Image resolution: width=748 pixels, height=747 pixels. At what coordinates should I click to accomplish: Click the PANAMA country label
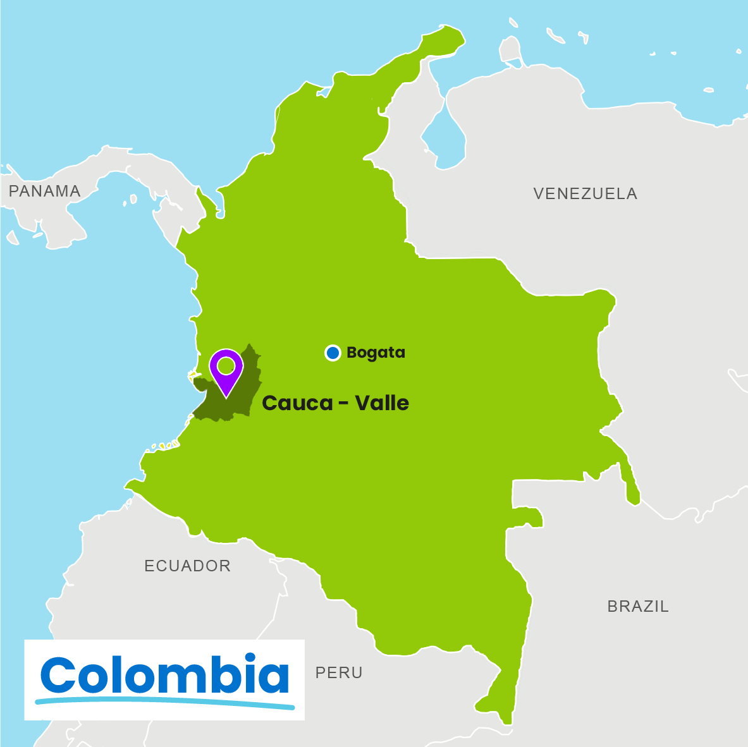click(45, 191)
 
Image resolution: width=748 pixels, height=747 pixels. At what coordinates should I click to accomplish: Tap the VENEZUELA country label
click(585, 194)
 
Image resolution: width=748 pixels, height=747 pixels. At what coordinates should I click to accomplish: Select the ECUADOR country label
click(187, 566)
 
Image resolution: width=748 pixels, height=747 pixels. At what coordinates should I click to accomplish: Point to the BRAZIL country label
click(637, 607)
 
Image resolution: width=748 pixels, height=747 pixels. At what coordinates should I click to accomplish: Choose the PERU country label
click(339, 673)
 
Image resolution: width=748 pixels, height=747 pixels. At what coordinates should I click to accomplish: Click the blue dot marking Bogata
click(333, 353)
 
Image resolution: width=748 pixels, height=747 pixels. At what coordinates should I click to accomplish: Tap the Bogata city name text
click(376, 353)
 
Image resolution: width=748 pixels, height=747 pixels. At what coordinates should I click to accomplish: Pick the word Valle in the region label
click(381, 403)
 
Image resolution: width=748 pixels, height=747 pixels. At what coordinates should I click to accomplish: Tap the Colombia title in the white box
click(165, 674)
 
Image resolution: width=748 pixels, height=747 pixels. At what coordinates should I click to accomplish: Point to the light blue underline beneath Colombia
click(165, 702)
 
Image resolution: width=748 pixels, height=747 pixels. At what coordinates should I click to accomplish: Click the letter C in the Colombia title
click(59, 675)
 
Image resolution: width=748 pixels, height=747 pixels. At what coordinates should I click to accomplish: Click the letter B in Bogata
click(352, 353)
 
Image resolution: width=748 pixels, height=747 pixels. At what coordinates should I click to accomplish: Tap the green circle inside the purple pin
click(226, 365)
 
